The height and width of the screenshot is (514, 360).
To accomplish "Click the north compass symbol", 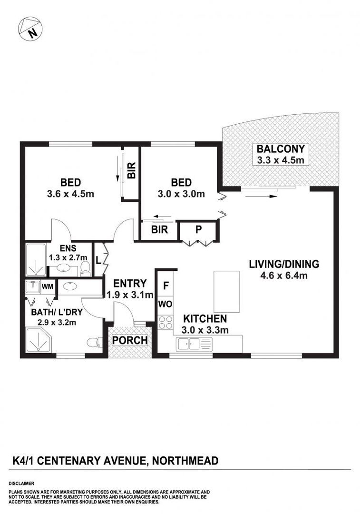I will [30, 28].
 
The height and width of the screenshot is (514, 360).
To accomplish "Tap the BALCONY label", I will [280, 149].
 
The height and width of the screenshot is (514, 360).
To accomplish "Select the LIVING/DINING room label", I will [284, 264].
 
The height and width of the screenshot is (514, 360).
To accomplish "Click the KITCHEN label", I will [205, 319].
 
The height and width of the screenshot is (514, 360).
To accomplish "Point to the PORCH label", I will [130, 341].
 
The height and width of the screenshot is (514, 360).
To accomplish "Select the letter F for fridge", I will [166, 287].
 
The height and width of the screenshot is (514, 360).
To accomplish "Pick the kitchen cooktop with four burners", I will [166, 322].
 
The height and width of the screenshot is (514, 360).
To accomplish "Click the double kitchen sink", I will [188, 343].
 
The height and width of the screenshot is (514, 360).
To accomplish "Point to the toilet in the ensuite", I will [85, 267].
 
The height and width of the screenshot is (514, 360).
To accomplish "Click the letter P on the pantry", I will [198, 229].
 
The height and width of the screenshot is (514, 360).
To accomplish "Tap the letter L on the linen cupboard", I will [98, 260].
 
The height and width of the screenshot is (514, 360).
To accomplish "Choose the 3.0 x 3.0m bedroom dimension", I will [181, 194].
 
